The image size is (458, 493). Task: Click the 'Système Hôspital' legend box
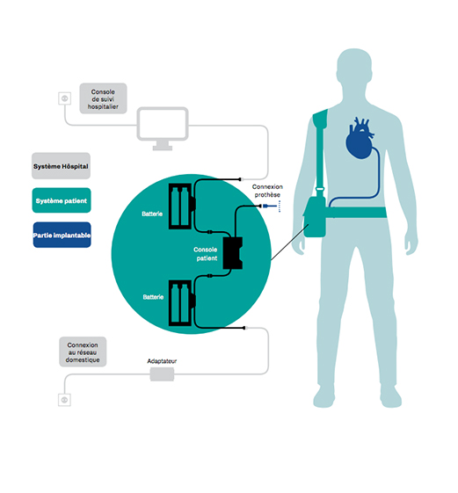click(x=61, y=166)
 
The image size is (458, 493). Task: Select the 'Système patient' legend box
click(x=62, y=200)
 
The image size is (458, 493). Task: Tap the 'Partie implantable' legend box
click(x=62, y=235)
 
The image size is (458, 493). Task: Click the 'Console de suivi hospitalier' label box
click(x=103, y=98)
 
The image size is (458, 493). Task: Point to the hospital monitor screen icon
click(x=163, y=128)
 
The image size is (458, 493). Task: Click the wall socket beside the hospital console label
click(x=65, y=98)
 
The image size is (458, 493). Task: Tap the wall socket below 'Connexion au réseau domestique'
click(x=64, y=400)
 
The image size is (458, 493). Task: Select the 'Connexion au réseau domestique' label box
click(x=83, y=352)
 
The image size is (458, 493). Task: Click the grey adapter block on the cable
click(x=162, y=374)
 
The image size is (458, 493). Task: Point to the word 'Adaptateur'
click(x=162, y=361)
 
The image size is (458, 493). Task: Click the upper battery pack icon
click(x=181, y=207)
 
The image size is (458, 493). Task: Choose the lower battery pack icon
click(x=181, y=303)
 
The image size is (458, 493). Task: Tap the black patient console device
click(x=232, y=253)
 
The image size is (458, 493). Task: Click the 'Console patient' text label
click(x=206, y=254)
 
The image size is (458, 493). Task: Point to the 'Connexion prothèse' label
click(x=267, y=191)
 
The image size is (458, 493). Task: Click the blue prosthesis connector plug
click(x=270, y=206)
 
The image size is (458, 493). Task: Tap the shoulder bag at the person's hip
click(x=315, y=217)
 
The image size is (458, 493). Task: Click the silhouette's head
click(x=354, y=68)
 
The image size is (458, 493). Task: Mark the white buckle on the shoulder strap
click(x=320, y=189)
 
